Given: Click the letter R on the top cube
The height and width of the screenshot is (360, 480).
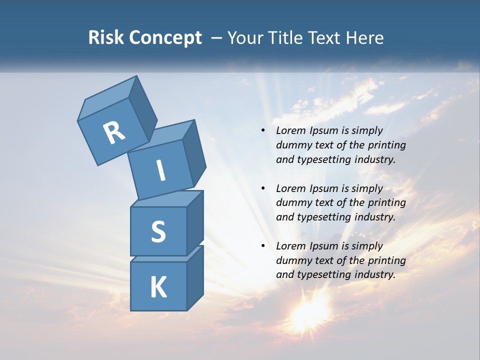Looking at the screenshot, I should (114, 132).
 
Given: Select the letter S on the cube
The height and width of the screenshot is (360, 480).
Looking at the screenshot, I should (158, 231).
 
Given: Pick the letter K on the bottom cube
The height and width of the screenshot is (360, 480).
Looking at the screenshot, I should (158, 287).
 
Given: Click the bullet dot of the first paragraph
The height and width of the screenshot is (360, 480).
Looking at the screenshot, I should (263, 130).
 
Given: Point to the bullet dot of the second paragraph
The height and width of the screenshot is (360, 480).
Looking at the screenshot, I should (263, 188).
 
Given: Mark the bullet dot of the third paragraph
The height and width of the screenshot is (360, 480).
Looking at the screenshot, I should (263, 246).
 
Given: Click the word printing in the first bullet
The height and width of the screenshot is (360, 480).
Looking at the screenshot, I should (386, 145).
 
